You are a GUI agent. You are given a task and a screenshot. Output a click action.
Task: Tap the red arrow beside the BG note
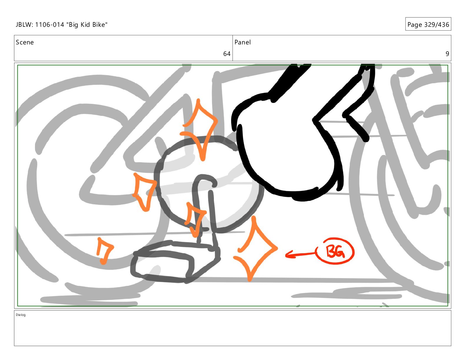pos(301,254)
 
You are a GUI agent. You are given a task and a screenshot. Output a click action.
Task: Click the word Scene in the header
pos(25,42)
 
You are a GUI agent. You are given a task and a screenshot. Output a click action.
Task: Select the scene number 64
pos(227,54)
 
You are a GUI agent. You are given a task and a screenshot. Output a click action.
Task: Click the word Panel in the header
pos(242,42)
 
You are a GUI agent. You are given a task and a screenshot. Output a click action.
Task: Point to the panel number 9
pos(447,54)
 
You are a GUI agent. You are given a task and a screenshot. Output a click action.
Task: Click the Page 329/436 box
pos(428,24)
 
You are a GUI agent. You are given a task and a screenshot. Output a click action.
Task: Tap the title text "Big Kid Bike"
pos(87,25)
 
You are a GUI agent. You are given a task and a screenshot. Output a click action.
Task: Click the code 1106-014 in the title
pos(49,25)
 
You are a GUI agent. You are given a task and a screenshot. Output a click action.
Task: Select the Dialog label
pos(21,315)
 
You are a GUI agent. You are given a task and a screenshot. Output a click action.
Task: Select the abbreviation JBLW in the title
pos(24,25)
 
